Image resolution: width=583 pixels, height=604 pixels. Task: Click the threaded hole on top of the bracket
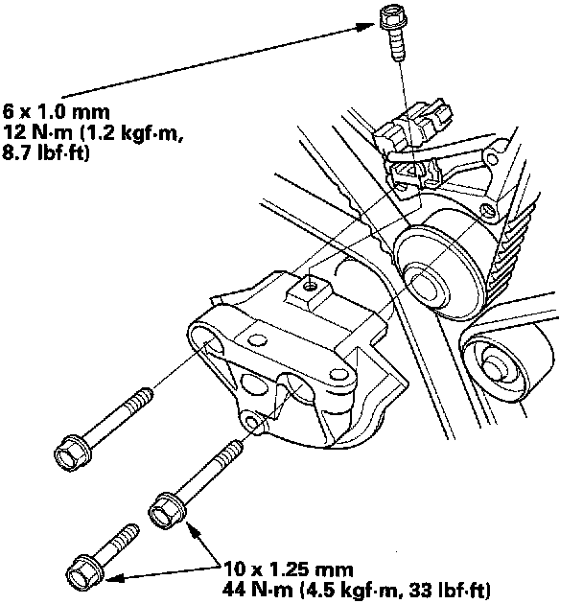[x=309, y=284]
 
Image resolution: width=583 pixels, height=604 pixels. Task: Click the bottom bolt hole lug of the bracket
[x=254, y=421]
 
